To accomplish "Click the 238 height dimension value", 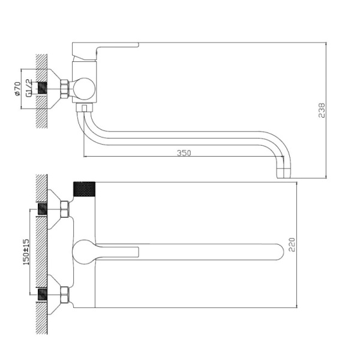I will coord(322,110).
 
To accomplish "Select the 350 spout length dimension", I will coord(184,153).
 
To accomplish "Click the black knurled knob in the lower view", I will coord(84,190).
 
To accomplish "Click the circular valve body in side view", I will coord(84,89).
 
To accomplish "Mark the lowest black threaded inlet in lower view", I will coord(43,295).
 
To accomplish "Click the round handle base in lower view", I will coord(84,251).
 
